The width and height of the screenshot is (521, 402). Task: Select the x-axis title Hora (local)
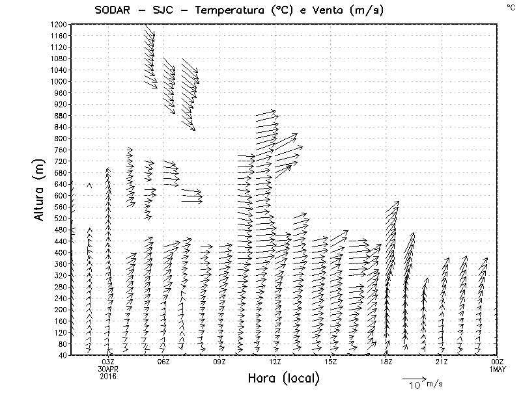click(x=283, y=379)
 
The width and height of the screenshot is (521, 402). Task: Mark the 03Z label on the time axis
click(x=108, y=362)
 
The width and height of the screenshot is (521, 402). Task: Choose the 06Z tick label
click(x=163, y=362)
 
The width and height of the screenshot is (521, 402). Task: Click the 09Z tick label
click(x=219, y=362)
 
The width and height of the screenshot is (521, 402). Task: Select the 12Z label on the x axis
click(x=275, y=362)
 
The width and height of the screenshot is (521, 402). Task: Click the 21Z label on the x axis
click(x=442, y=362)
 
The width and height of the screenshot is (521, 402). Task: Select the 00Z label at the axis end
click(x=497, y=362)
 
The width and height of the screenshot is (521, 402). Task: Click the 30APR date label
click(x=108, y=369)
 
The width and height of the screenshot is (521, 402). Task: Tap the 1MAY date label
click(x=497, y=369)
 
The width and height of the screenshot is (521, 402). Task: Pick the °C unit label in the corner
click(x=511, y=7)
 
